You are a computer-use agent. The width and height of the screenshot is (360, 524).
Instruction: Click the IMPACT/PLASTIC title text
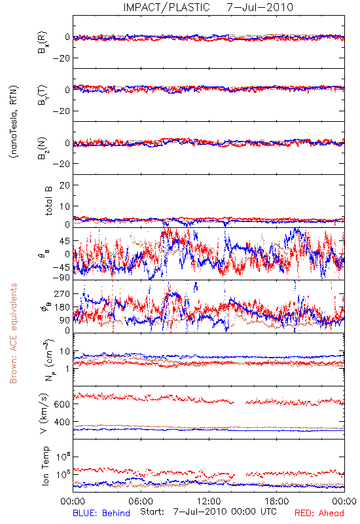click(x=167, y=7)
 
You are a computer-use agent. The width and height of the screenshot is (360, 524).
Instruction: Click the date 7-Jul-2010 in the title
click(x=260, y=7)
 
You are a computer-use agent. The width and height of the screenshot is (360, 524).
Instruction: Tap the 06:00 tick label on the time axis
click(x=141, y=501)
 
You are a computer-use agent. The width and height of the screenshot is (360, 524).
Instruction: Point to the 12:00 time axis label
click(x=209, y=501)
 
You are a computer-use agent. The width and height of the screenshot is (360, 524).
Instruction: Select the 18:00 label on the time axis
click(x=277, y=501)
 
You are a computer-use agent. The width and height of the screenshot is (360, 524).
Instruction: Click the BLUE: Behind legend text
click(x=101, y=513)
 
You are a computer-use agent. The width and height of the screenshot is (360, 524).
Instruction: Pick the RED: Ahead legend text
click(x=319, y=513)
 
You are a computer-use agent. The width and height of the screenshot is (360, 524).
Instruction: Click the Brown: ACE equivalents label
click(x=13, y=333)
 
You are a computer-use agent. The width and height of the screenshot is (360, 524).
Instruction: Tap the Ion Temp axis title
click(x=45, y=466)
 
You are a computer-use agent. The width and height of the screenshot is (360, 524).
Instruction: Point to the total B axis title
click(x=48, y=201)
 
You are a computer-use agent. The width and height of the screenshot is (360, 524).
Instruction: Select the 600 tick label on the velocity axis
click(x=62, y=404)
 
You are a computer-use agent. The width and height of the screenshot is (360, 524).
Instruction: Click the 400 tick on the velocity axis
click(x=62, y=422)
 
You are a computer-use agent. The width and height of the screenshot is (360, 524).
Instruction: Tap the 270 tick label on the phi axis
click(x=62, y=293)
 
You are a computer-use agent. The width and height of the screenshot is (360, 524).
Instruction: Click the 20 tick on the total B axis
click(x=64, y=185)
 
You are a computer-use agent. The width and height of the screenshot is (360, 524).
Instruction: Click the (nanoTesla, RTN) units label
click(x=14, y=121)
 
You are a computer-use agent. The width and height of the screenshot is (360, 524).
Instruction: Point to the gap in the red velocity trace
click(x=240, y=402)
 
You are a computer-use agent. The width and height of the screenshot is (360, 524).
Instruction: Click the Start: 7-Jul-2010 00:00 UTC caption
click(x=209, y=512)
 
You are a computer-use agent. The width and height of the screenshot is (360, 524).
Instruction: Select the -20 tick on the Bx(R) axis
click(x=61, y=58)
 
